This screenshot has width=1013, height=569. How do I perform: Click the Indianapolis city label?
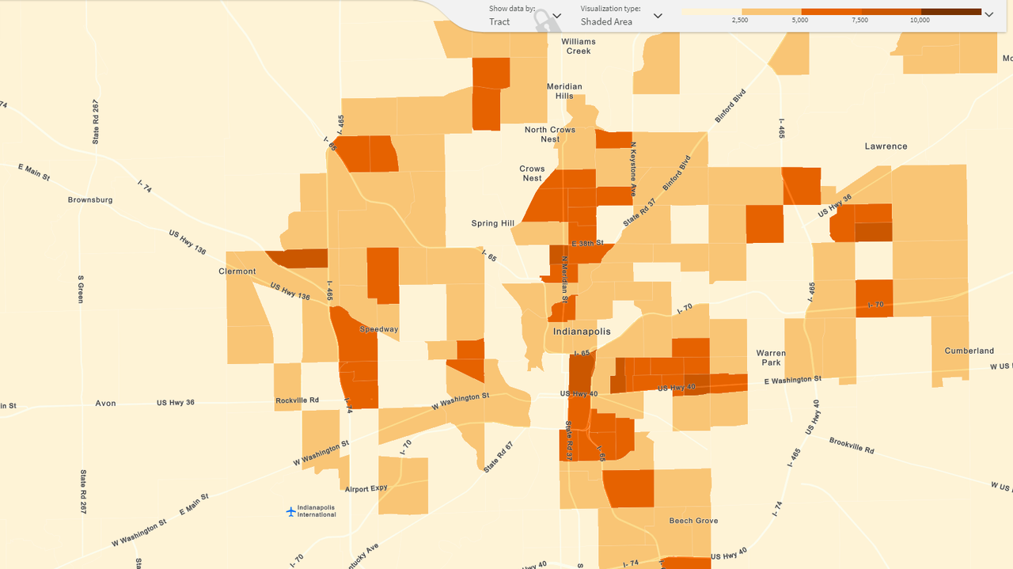tap(582, 332)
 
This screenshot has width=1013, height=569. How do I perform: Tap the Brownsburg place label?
tap(90, 200)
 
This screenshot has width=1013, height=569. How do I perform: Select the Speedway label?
tap(379, 329)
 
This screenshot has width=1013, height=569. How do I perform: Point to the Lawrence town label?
tap(886, 146)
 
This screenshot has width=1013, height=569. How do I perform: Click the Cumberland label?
tap(969, 351)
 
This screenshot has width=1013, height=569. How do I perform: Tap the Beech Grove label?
tap(693, 521)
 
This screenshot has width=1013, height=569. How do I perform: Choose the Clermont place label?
tap(237, 271)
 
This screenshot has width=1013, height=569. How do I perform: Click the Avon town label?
tap(105, 404)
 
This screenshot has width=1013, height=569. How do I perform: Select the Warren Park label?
tap(771, 358)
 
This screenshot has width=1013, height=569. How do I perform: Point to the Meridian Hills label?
tap(564, 91)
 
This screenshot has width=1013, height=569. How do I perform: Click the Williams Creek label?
tap(579, 46)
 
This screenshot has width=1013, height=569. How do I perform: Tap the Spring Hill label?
tap(492, 223)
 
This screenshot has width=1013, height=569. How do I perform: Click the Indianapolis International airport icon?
tap(290, 511)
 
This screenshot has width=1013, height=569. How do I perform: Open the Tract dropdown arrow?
tap(557, 16)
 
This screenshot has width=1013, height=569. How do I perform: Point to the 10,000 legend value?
tap(920, 20)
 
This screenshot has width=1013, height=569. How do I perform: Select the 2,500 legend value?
tap(740, 20)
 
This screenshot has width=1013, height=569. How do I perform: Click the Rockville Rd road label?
tap(297, 400)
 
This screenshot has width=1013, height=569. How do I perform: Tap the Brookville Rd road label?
tap(852, 445)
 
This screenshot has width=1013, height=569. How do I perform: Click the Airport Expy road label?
tap(366, 489)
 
